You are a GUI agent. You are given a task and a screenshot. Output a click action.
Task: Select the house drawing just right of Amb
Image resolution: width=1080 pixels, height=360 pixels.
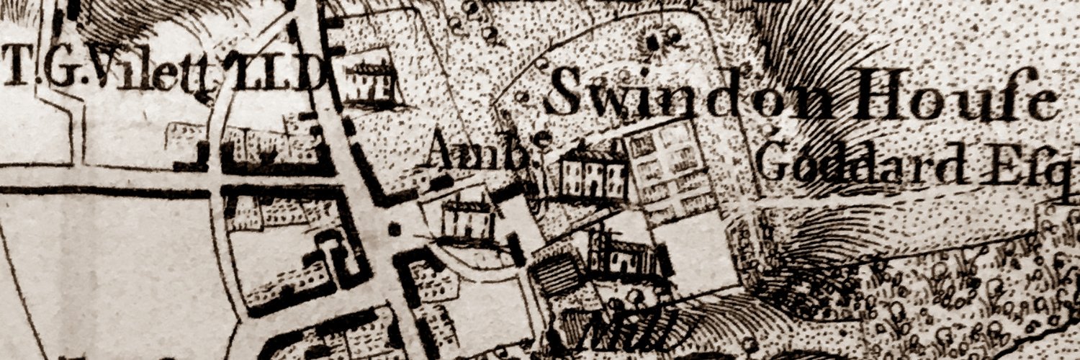[593, 175]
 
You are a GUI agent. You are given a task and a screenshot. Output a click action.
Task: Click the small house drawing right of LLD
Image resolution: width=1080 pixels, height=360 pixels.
[369, 83]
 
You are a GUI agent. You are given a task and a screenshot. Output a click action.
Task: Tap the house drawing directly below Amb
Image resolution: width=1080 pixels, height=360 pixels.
[468, 220]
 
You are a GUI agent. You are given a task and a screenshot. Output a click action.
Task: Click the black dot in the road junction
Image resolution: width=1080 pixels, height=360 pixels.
[394, 230]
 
